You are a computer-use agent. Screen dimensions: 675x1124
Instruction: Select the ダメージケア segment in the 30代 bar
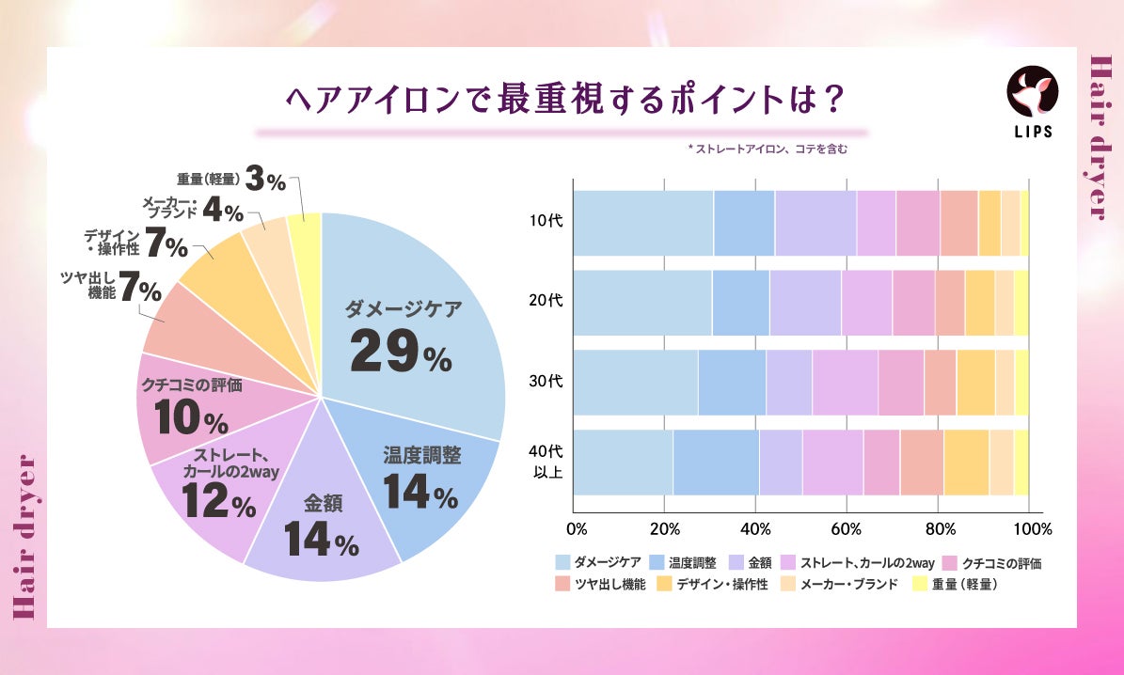pos(636,383)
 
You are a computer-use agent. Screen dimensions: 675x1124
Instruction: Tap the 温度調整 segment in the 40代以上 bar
pos(716,463)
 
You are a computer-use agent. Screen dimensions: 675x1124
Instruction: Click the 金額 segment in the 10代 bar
pos(815,223)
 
